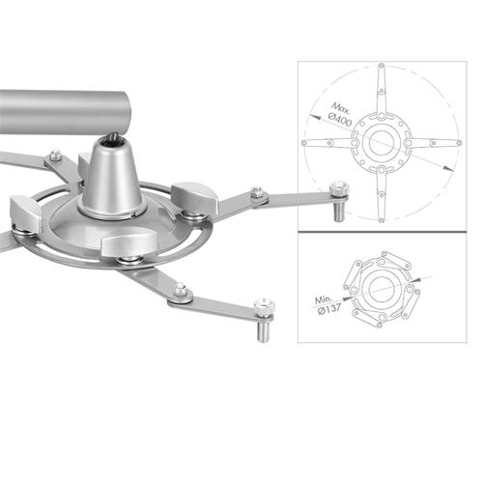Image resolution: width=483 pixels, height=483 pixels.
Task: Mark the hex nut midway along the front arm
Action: click(180, 289)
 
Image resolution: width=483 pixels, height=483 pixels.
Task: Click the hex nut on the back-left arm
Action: click(55, 155)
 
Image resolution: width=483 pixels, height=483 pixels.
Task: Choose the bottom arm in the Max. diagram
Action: click(380, 193)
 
